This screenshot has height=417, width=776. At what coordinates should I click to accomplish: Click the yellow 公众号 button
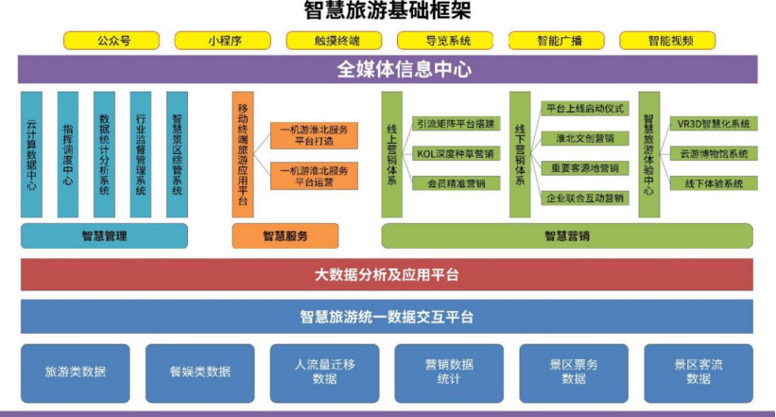click(x=112, y=41)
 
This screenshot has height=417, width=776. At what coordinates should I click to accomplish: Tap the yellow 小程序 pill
click(x=223, y=41)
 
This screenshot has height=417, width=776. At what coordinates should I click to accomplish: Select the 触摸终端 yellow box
click(x=334, y=41)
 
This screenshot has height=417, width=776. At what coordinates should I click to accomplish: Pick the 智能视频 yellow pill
click(x=667, y=41)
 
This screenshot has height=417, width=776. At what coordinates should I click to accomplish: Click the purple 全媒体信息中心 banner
click(x=388, y=69)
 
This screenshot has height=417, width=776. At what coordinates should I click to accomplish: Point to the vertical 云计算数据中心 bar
click(x=31, y=154)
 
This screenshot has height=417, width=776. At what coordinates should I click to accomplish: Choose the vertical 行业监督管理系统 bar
click(x=141, y=154)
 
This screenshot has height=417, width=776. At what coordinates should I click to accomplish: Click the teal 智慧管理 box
click(x=104, y=235)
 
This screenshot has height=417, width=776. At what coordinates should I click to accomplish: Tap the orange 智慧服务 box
click(x=285, y=235)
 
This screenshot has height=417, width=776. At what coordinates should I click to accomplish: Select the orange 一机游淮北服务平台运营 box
click(x=314, y=176)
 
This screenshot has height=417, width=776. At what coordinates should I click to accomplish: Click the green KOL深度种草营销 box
click(x=456, y=153)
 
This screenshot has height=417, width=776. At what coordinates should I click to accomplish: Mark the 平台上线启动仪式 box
click(x=585, y=109)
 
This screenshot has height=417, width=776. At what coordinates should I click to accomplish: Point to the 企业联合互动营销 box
click(x=585, y=199)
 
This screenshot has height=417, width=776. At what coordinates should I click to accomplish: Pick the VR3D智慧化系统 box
click(x=714, y=124)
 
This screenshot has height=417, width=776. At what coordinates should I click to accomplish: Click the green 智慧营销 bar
click(x=567, y=235)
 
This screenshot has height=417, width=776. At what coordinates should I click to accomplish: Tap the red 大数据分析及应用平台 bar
click(x=387, y=274)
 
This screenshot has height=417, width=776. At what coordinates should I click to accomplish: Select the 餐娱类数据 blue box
click(x=200, y=374)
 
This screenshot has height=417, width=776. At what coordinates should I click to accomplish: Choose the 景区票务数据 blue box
click(x=574, y=374)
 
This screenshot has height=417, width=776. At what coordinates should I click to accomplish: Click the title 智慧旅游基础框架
click(x=388, y=11)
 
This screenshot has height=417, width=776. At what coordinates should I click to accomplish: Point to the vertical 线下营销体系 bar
click(x=520, y=154)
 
